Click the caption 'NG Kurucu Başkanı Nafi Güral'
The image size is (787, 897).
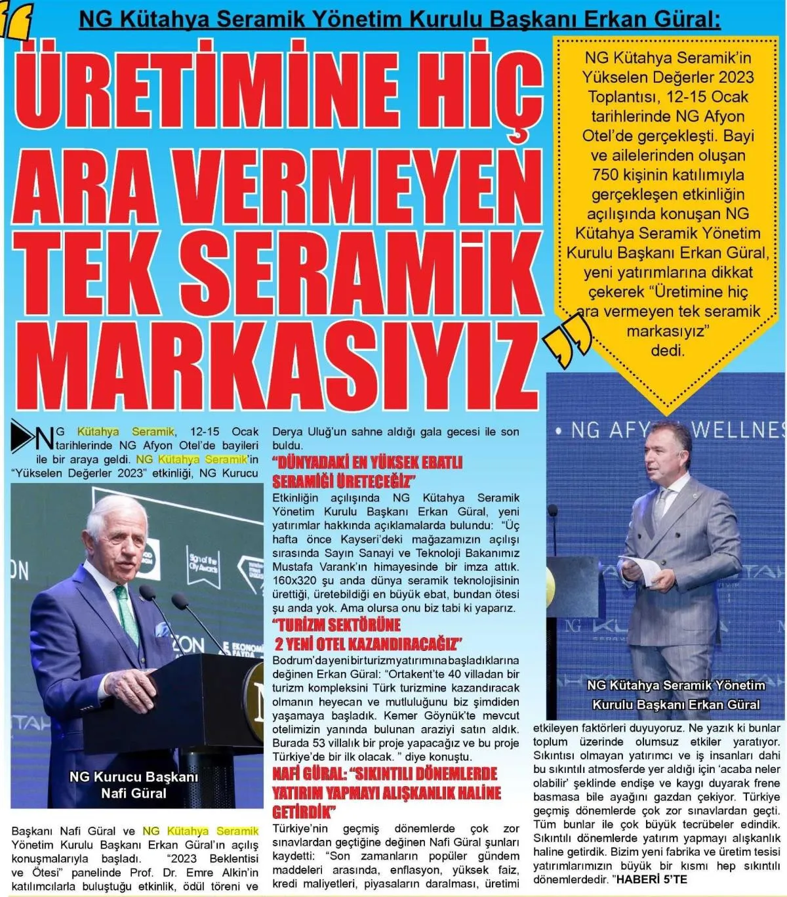(134, 785)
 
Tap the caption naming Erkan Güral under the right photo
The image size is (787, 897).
(676, 695)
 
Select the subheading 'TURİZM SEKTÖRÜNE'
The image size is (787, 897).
(338, 625)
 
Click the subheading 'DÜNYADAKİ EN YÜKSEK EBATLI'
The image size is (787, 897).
(367, 462)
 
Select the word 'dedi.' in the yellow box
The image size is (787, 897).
(668, 350)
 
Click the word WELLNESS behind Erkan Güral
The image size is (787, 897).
(738, 430)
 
